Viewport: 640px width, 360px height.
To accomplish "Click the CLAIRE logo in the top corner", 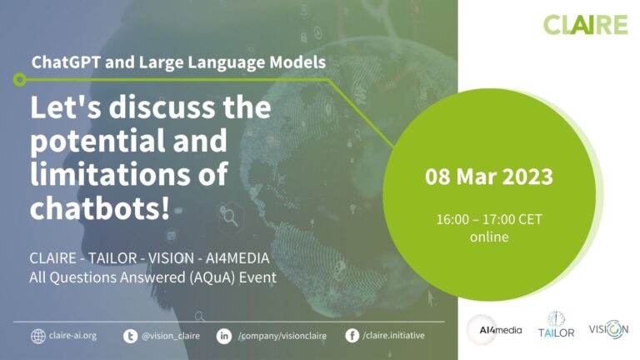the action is coord(585,24).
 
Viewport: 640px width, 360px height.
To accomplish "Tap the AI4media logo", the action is coord(495,330).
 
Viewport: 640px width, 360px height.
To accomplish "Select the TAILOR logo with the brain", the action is coord(556,324).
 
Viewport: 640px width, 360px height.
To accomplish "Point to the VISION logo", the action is coord(608,329).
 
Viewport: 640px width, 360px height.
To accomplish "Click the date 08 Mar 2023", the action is coord(489,177).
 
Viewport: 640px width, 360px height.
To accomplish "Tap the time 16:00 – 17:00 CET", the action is coord(489,220).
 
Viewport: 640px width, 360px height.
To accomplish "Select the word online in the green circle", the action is coord(489,237).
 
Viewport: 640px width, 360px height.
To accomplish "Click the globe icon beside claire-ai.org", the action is coord(38,337).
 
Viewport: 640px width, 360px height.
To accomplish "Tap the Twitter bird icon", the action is coord(130,337).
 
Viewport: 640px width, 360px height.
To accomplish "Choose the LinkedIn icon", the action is coord(223,337).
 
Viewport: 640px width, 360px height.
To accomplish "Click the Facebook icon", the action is coord(352,336).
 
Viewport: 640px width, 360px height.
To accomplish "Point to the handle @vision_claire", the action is coord(171,336).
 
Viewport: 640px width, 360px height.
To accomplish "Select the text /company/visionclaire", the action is coord(282,336).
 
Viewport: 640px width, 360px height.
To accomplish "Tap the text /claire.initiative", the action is coord(393,336).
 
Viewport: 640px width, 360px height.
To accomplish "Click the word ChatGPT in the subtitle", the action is coord(66,62).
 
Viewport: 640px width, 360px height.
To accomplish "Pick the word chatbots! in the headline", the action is coord(100,208).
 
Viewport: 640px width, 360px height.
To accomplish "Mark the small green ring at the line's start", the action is coord(20,79).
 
